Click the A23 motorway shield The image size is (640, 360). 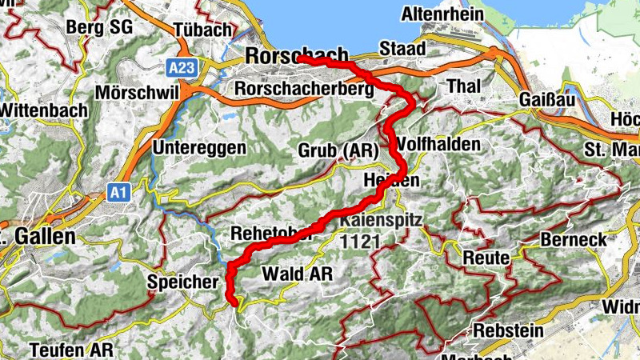pyautogui.click(x=182, y=68)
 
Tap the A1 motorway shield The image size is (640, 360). pyautogui.click(x=118, y=192)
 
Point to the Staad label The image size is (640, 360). pyautogui.click(x=402, y=48)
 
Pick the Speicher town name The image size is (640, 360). pyautogui.click(x=182, y=282)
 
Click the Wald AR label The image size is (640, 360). pyautogui.click(x=297, y=274)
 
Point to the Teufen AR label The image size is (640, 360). pyautogui.click(x=71, y=350)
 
